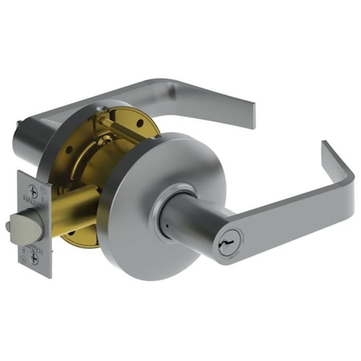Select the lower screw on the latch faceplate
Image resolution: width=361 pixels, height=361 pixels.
point(34,260)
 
